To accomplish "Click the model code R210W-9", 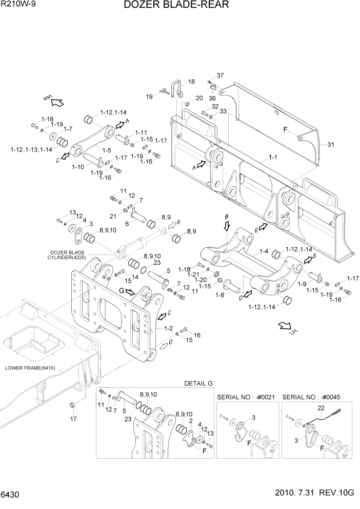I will (x=16, y=5).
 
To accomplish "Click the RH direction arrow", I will (x=55, y=100).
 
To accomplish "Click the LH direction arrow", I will (x=286, y=327).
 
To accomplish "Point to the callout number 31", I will (x=330, y=145).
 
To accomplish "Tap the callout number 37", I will (x=220, y=75).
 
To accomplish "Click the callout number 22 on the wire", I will (x=322, y=408).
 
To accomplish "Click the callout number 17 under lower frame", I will (x=73, y=419).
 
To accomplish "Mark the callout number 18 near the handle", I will (x=191, y=82).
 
